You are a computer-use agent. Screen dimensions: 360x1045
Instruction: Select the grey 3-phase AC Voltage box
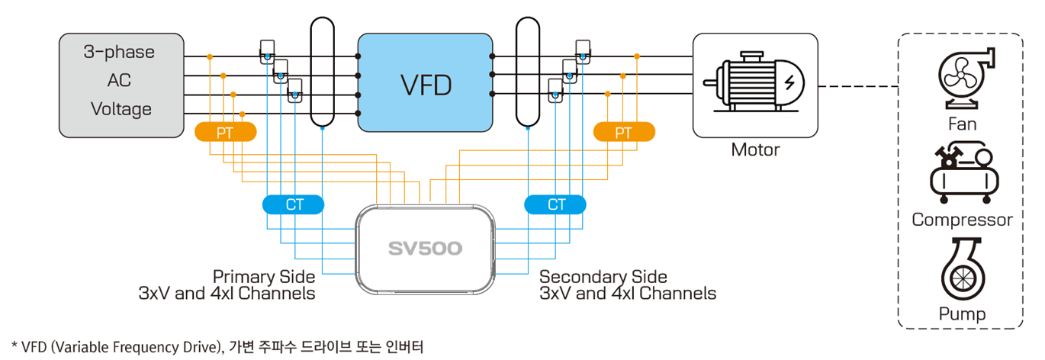(122, 84)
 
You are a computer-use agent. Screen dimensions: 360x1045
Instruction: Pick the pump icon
(962, 271)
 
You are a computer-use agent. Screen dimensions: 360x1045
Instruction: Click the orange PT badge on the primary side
(225, 132)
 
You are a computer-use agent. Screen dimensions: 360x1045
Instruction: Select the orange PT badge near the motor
(624, 132)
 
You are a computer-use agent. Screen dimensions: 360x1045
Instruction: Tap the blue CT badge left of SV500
(294, 204)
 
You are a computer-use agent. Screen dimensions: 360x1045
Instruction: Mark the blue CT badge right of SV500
(556, 204)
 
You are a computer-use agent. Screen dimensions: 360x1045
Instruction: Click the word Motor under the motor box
(755, 149)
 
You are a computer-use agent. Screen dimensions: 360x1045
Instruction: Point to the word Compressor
(962, 220)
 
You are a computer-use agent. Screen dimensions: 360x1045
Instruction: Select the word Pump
(962, 313)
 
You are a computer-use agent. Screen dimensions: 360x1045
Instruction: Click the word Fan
(962, 124)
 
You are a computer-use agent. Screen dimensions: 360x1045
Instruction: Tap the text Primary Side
(263, 276)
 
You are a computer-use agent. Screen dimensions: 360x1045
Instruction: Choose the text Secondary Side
(603, 276)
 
